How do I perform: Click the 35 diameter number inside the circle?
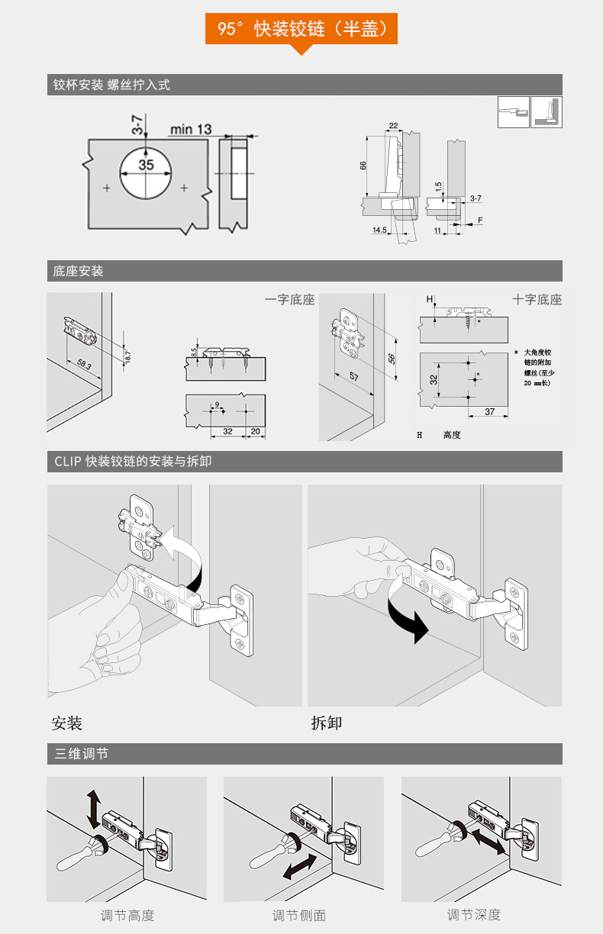click(146, 165)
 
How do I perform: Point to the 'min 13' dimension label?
click(190, 129)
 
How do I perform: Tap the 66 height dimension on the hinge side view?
click(363, 166)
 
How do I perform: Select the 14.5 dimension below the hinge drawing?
click(379, 230)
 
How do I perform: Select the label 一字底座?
click(289, 300)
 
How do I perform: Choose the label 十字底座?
click(537, 300)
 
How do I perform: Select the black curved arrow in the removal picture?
click(405, 614)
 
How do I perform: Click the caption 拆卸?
click(327, 723)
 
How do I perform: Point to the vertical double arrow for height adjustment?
click(94, 809)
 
